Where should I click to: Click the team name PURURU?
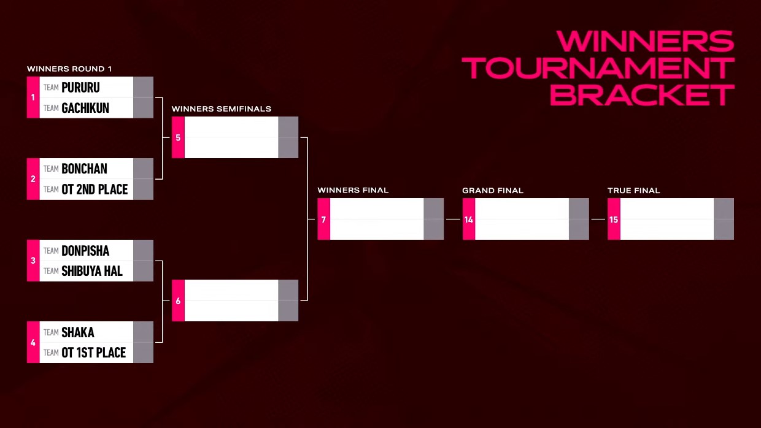pos(80,88)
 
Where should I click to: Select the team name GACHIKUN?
pos(85,109)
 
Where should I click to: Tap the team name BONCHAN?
pos(84,169)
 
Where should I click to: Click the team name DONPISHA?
pos(85,251)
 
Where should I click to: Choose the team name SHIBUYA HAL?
pos(91,271)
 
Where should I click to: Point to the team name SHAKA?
pos(78,332)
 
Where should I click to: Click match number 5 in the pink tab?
pos(178,138)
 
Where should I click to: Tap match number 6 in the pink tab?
pos(178,301)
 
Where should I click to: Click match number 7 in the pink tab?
pos(323,220)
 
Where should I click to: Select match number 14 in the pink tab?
pos(468,220)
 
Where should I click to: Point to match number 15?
pos(614,220)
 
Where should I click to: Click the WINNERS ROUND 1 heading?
pos(69,69)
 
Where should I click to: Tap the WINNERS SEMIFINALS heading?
pos(222,109)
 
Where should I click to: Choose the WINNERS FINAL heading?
pos(353,191)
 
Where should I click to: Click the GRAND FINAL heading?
pos(493,191)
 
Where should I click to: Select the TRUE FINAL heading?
pos(633,191)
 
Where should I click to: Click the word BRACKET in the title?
pos(642,94)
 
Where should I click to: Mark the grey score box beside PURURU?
pos(143,87)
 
